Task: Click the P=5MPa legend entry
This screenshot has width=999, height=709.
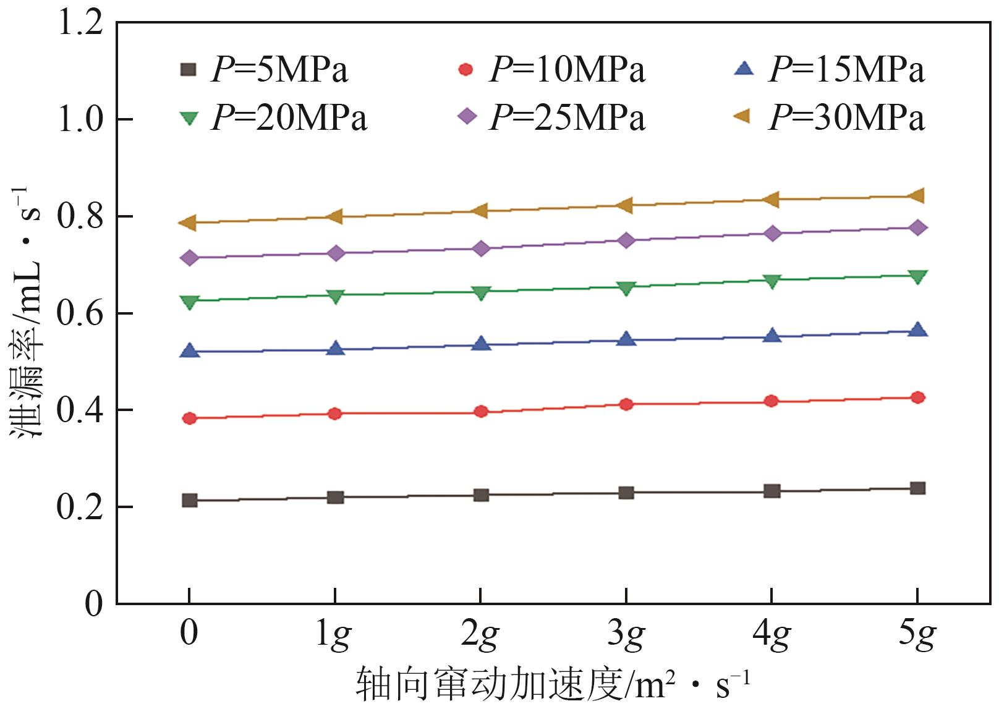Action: click(x=265, y=69)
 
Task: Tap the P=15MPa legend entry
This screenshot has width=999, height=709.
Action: click(x=831, y=69)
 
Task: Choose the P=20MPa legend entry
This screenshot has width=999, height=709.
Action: click(x=274, y=117)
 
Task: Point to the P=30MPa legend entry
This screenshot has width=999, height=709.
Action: click(x=831, y=117)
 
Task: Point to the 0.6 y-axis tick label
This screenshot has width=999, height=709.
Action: click(x=80, y=313)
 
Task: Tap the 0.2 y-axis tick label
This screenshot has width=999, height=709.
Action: click(x=80, y=507)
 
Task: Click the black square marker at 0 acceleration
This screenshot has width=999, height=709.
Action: click(x=190, y=500)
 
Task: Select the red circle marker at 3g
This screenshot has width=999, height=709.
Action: click(x=626, y=404)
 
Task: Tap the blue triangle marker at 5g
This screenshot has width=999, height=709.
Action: click(x=918, y=329)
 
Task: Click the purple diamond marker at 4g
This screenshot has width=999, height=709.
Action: click(x=772, y=233)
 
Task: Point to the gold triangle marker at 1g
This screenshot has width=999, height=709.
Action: click(x=335, y=216)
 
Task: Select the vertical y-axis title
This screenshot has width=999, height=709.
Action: click(x=27, y=312)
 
